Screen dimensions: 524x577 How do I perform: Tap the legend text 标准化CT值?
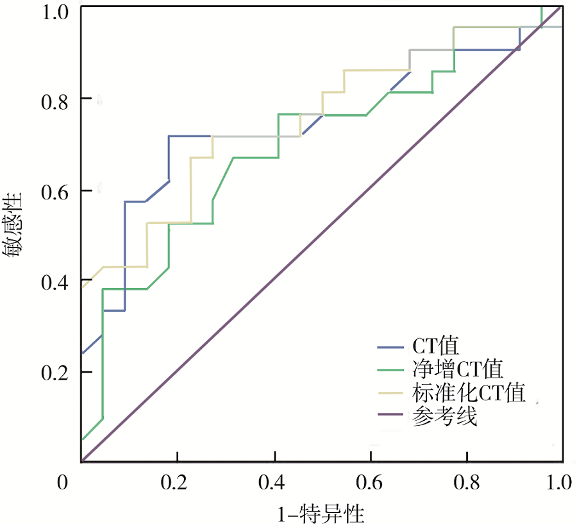467,393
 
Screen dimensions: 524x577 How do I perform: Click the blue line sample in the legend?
389,348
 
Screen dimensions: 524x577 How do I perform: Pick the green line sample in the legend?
389,369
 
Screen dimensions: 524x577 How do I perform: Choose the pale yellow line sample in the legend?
389,393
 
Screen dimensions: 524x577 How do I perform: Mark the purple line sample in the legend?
389,417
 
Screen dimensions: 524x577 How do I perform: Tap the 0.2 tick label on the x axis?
177,482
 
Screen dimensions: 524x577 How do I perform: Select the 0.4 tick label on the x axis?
274,482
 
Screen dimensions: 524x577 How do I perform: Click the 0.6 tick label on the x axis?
370,482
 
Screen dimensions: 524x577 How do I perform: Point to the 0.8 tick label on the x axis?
466,482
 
